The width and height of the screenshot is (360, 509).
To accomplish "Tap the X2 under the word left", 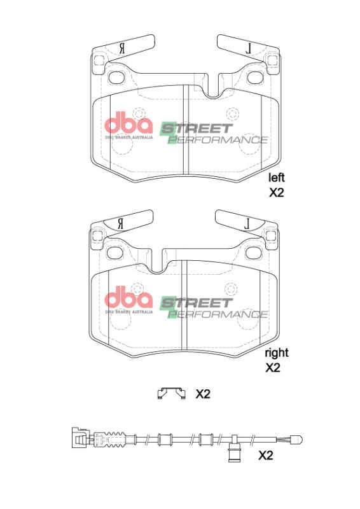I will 275,193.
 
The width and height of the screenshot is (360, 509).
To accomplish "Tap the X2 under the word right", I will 272,368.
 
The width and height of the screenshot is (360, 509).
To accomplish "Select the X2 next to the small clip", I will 202,394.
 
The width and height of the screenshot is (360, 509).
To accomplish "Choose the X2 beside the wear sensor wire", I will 265,456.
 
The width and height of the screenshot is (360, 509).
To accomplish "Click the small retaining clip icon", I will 170,394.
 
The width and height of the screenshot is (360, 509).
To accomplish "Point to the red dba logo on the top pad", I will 128,123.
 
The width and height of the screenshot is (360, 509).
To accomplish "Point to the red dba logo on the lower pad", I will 128,298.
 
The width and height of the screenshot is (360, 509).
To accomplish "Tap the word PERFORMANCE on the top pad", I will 220,139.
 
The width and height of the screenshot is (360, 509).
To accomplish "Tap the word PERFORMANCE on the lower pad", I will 220,314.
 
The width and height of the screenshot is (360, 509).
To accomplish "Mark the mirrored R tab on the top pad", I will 121,48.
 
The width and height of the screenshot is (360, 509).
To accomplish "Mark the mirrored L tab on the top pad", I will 249,47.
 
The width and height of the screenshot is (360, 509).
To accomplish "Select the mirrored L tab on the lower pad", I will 248,221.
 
